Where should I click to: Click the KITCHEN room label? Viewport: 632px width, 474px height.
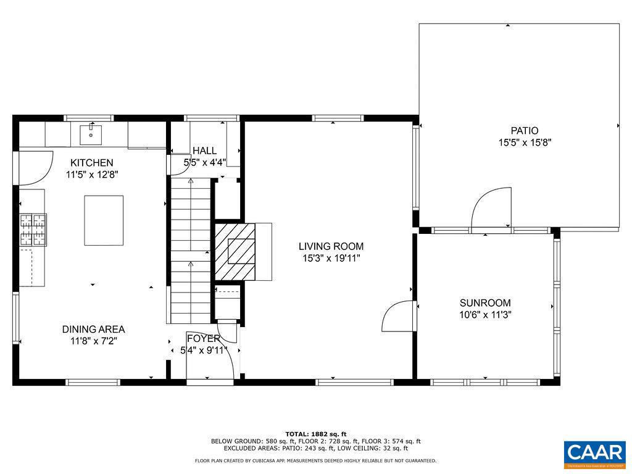click(x=91, y=163)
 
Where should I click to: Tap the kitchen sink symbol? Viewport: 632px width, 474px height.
click(x=91, y=133)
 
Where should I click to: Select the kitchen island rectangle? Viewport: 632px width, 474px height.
click(x=104, y=220)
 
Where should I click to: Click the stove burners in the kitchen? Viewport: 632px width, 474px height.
click(x=33, y=229)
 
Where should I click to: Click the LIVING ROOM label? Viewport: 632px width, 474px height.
click(x=331, y=246)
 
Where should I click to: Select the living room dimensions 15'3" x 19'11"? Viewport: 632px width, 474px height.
click(x=331, y=258)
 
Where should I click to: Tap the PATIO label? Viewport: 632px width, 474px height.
click(x=524, y=131)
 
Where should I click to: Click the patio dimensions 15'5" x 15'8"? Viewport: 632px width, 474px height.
click(x=524, y=143)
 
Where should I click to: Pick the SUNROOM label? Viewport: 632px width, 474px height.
click(x=485, y=303)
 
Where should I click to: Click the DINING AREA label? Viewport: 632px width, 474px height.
click(x=93, y=329)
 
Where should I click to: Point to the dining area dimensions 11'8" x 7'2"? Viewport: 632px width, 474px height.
click(x=93, y=341)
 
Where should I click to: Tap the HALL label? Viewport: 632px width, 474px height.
click(x=204, y=151)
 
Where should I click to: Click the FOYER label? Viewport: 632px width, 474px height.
click(x=204, y=339)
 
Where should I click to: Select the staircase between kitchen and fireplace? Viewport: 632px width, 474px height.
click(x=191, y=250)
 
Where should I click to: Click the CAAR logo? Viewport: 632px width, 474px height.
click(x=595, y=454)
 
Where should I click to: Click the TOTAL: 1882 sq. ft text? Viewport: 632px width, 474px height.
click(x=316, y=434)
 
